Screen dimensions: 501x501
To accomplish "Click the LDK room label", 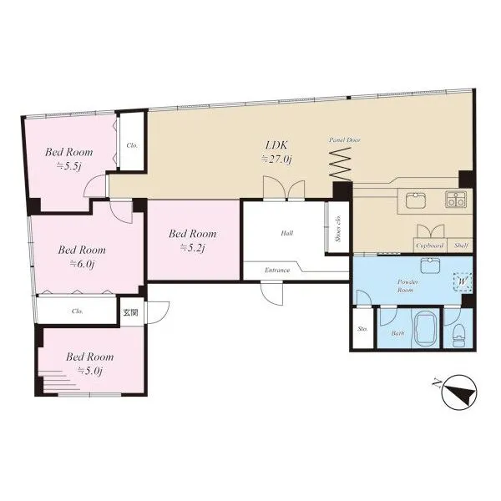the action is tap(276, 145).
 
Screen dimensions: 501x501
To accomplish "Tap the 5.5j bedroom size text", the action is tap(68, 166).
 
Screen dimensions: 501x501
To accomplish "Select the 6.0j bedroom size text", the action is tap(82, 264).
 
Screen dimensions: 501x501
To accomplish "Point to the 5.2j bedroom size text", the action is tap(192, 248).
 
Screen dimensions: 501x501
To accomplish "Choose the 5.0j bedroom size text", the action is tap(90, 371).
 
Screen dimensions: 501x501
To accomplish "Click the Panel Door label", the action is tap(345, 140).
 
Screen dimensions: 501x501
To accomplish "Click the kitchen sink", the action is tap(415, 200).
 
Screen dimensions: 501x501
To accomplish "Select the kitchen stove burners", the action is tap(455, 200).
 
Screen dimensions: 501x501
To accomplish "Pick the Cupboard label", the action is tap(430, 245).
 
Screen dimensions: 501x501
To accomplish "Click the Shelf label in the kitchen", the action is tap(461, 245).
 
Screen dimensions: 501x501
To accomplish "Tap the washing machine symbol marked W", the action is tap(463, 282).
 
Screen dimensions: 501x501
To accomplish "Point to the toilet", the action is tap(458, 335).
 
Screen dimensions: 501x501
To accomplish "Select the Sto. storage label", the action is tap(362, 328).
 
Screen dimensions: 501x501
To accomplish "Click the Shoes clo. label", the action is tap(338, 229).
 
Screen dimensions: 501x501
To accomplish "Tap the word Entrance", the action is tap(277, 270).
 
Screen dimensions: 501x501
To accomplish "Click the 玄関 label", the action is tap(131, 312).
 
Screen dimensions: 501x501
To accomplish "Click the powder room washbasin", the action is tap(430, 266).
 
